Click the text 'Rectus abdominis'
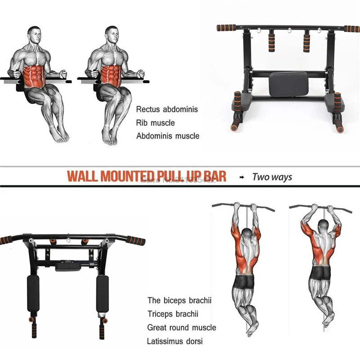tap(167, 109)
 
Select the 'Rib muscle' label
tap(155, 123)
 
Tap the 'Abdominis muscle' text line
tap(167, 136)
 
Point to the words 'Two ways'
tap(272, 177)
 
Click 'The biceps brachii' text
tap(179, 300)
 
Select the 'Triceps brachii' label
tap(173, 314)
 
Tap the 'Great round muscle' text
tap(181, 328)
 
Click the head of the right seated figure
tap(112, 35)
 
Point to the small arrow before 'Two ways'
tap(242, 177)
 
